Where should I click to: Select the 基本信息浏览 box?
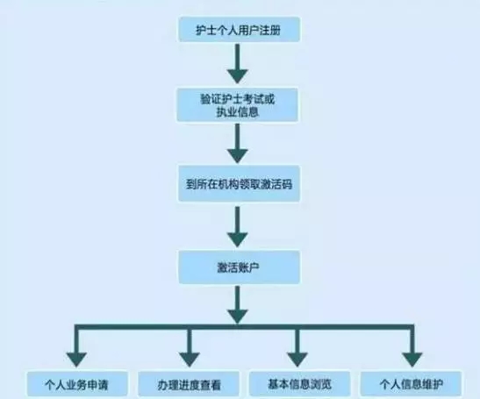pos(297,383)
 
